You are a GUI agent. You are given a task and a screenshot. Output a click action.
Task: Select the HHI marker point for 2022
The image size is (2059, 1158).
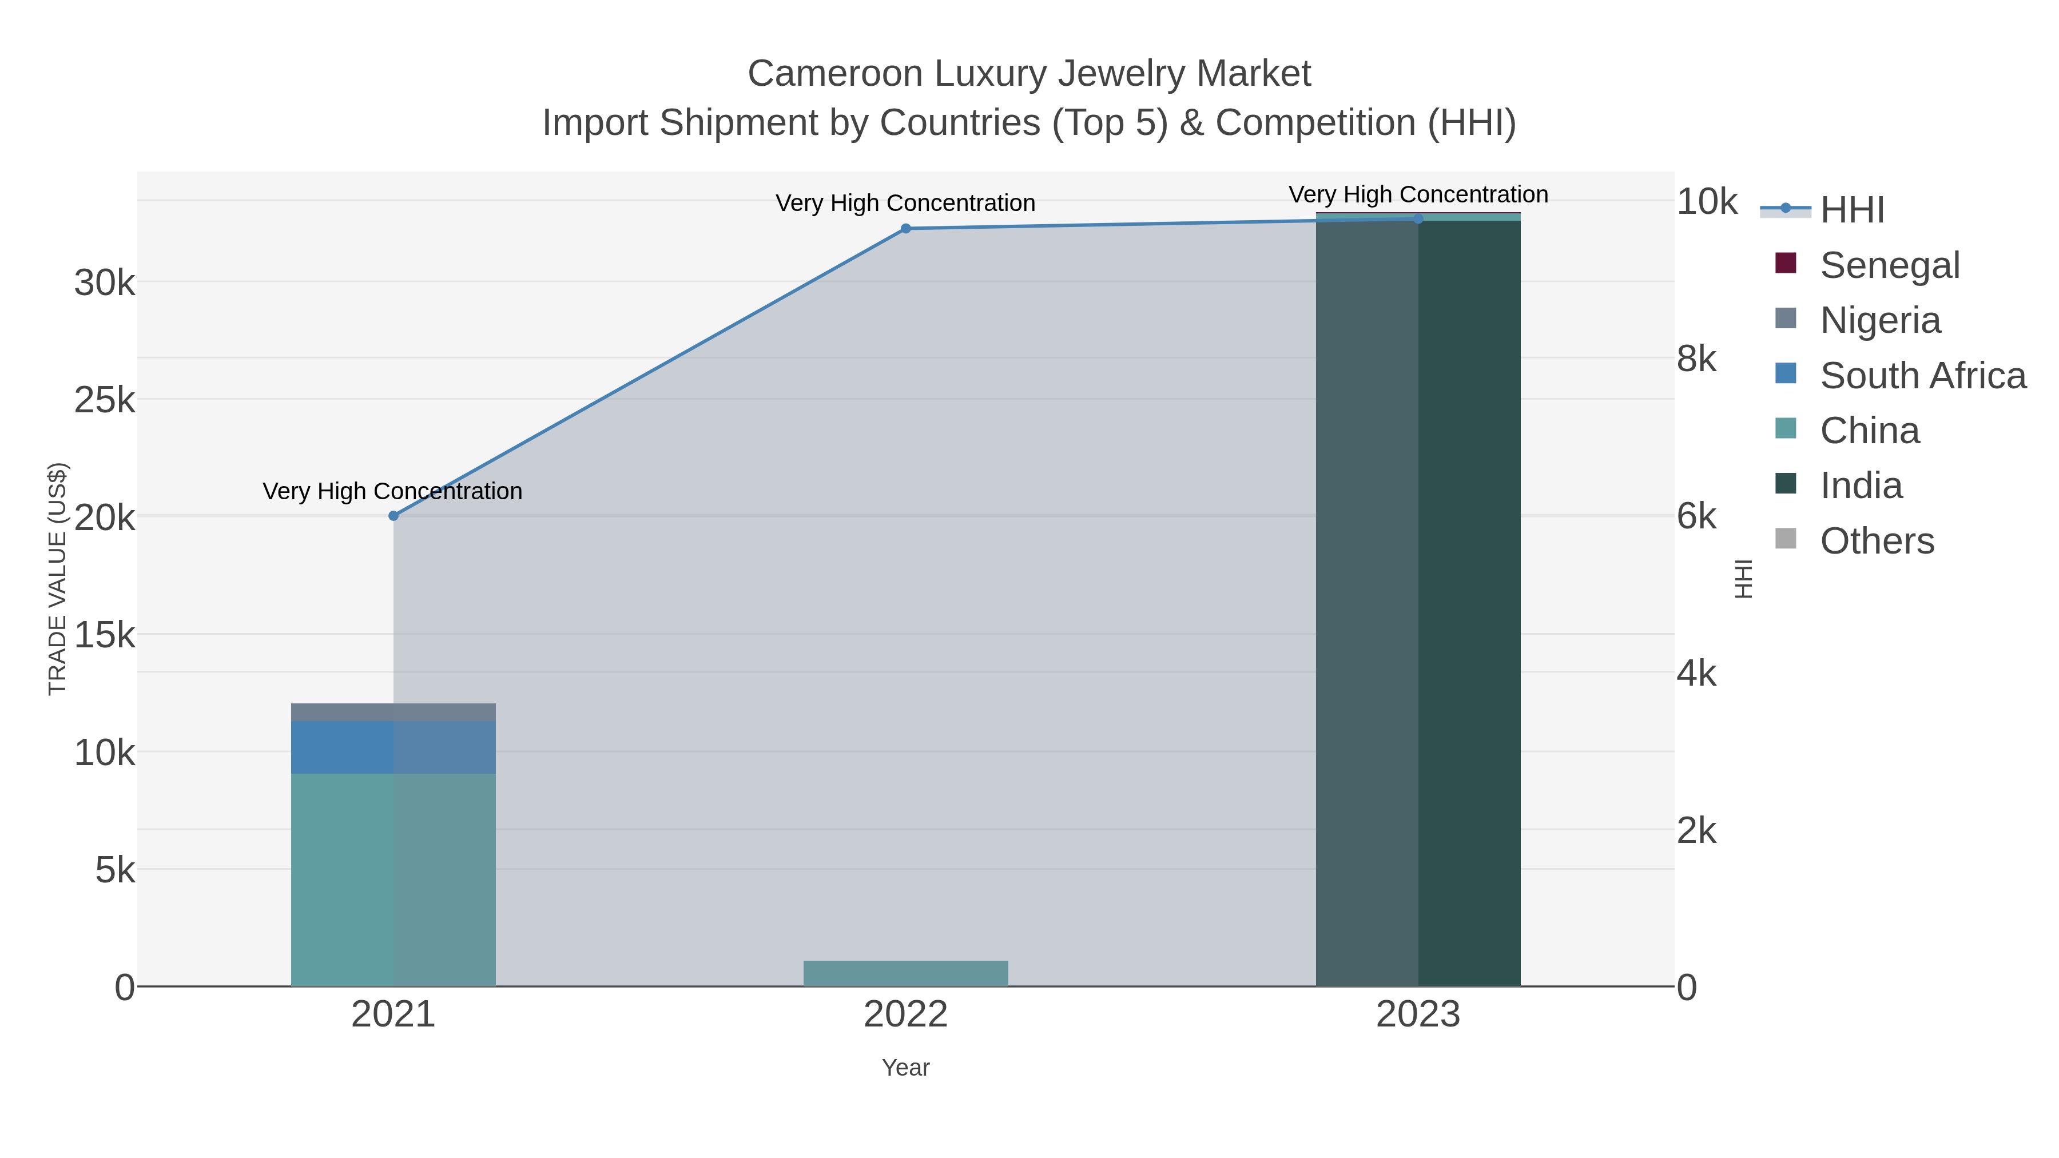coord(905,229)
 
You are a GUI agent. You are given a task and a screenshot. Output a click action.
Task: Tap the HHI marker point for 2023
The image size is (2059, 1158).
coord(1419,218)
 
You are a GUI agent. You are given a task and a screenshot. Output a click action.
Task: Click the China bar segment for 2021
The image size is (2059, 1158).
coord(393,879)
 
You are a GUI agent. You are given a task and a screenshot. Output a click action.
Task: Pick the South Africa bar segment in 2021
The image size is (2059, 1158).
coord(393,747)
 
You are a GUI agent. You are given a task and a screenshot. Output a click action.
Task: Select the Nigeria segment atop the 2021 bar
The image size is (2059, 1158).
coord(393,712)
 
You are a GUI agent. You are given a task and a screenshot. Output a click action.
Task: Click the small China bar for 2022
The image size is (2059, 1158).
coord(905,973)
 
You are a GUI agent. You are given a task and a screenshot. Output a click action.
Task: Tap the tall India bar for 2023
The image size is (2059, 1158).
coord(1419,599)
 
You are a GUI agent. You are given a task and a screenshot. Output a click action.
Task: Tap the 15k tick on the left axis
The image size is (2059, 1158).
coord(105,636)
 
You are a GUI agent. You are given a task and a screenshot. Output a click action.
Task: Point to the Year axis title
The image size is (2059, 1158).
coord(905,1068)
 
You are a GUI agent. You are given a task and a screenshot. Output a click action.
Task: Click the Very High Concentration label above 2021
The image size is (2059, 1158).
coord(392,491)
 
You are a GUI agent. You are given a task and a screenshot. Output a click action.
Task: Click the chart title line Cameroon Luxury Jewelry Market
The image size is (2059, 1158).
coord(1029,74)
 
